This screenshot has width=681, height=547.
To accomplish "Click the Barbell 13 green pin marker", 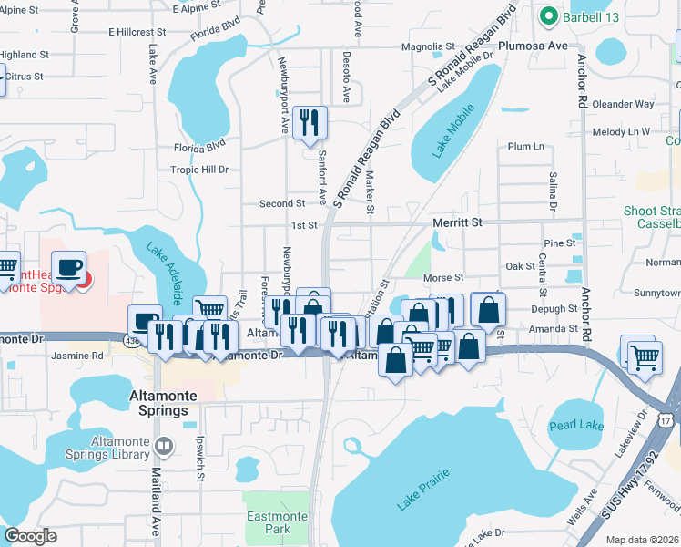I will (x=548, y=15).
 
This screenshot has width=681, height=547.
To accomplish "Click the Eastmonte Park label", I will (x=269, y=522).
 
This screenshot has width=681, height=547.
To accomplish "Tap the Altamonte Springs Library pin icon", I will (x=164, y=447).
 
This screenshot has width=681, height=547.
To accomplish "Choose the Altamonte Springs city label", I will (x=159, y=404).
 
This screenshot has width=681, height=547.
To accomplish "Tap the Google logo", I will (x=30, y=536).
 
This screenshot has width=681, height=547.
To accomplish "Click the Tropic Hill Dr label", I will (x=198, y=170).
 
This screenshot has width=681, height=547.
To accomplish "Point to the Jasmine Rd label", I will (x=77, y=356).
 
